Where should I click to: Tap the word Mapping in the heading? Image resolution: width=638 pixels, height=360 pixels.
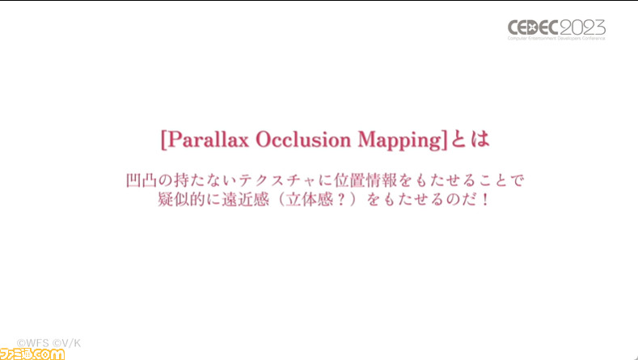398,141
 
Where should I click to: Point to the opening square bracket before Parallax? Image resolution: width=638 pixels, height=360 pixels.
163,141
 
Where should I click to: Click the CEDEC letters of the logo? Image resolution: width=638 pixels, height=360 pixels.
534,28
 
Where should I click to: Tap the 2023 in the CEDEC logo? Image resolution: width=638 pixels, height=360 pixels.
583,28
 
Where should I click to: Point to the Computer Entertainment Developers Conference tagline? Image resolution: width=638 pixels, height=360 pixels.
556,38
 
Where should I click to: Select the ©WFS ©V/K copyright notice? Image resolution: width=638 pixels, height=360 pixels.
49,343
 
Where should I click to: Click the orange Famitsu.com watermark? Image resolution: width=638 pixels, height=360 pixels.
32,354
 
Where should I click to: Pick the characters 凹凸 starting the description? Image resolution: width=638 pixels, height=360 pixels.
142,180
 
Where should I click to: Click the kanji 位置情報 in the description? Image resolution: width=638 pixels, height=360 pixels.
365,180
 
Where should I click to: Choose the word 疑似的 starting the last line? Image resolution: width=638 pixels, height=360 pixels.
181,200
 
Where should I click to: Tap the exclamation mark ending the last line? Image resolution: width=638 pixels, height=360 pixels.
485,200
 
